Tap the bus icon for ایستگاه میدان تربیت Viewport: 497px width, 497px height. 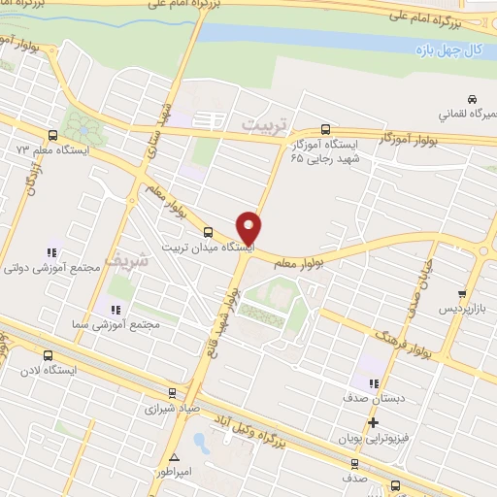[x=209, y=231]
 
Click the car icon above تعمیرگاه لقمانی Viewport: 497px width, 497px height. [x=472, y=99]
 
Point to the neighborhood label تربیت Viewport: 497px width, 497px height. [x=265, y=124]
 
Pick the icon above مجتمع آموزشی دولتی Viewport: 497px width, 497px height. [x=50, y=253]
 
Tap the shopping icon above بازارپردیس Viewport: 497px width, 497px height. [x=463, y=293]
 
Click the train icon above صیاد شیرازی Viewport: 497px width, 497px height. [x=172, y=393]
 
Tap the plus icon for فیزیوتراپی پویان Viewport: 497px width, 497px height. [x=374, y=422]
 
